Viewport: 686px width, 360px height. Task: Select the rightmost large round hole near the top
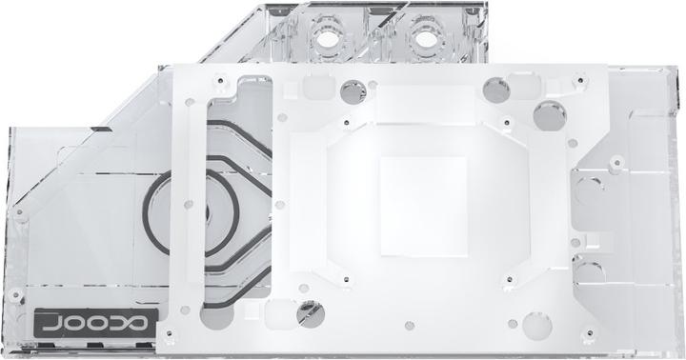click(546, 116)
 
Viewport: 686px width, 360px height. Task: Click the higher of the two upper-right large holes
click(495, 90)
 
